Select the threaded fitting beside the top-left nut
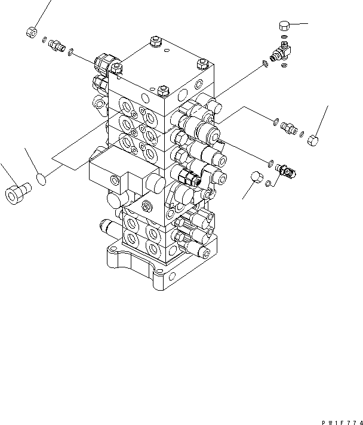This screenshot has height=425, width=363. click(57, 45)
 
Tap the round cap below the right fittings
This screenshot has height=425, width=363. click(256, 177)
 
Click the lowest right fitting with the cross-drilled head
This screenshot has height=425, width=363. click(287, 172)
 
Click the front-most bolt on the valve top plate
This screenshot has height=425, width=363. click(162, 92)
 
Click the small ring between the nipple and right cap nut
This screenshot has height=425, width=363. click(302, 134)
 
